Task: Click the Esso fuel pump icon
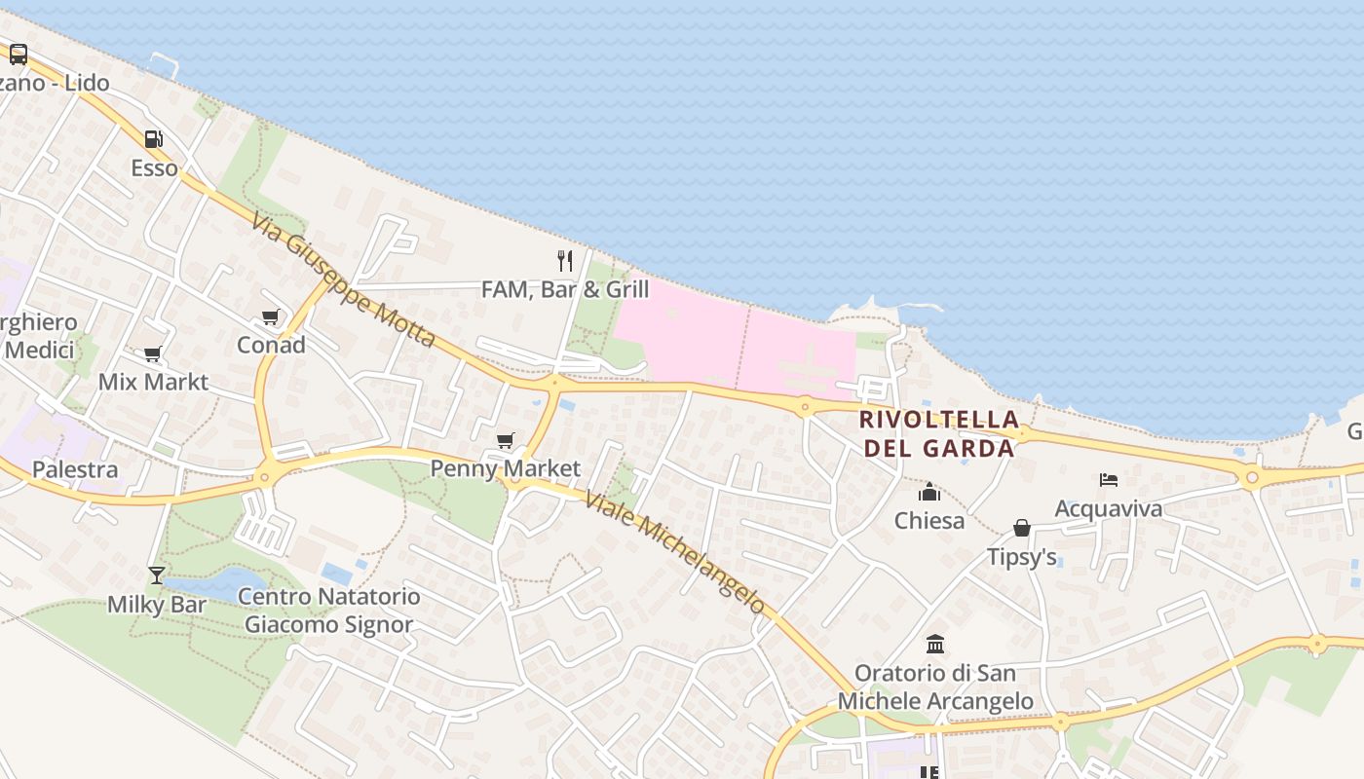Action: pos(153,139)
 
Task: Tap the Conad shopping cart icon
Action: pos(270,317)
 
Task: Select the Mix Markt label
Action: pos(153,382)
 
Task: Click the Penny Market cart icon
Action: pos(505,441)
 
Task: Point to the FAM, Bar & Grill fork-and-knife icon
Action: pos(564,260)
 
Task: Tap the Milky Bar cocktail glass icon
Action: pos(156,575)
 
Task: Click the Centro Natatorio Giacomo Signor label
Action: pos(329,611)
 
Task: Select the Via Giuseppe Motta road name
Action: pos(342,280)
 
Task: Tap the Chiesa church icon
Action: pos(929,492)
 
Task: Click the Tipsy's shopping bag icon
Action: pos(1021,528)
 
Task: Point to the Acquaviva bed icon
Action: pos(1108,479)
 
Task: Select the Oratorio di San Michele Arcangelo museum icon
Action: pos(935,644)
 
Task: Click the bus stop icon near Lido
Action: pos(19,55)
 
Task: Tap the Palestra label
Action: pos(75,469)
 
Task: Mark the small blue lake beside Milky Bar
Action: pos(219,582)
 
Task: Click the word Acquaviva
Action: pos(1109,508)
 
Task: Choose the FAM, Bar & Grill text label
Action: pos(565,289)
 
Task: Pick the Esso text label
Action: pos(155,168)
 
